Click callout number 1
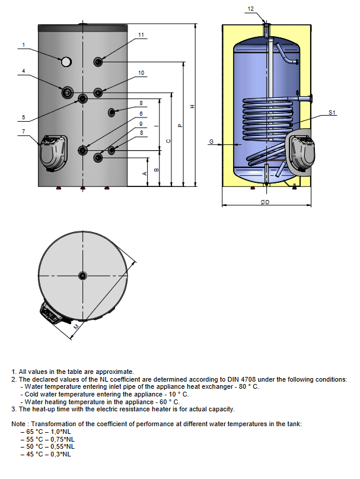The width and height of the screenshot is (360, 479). pyautogui.click(x=23, y=45)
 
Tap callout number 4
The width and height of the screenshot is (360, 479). pyautogui.click(x=23, y=71)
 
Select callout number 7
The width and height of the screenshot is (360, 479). pyautogui.click(x=23, y=131)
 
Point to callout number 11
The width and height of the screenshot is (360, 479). pyautogui.click(x=141, y=35)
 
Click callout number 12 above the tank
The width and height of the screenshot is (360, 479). pyautogui.click(x=251, y=8)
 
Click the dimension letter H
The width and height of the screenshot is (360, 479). pyautogui.click(x=192, y=106)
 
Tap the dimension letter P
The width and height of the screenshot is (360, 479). pyautogui.click(x=180, y=125)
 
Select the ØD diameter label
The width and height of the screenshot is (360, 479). pyautogui.click(x=265, y=202)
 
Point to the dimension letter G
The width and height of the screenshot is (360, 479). pyautogui.click(x=211, y=142)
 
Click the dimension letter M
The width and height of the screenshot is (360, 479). pyautogui.click(x=76, y=326)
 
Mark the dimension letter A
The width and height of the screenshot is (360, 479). pyautogui.click(x=144, y=173)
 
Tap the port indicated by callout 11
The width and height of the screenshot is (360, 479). pyautogui.click(x=98, y=61)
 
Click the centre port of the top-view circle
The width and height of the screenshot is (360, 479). pyautogui.click(x=82, y=274)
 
